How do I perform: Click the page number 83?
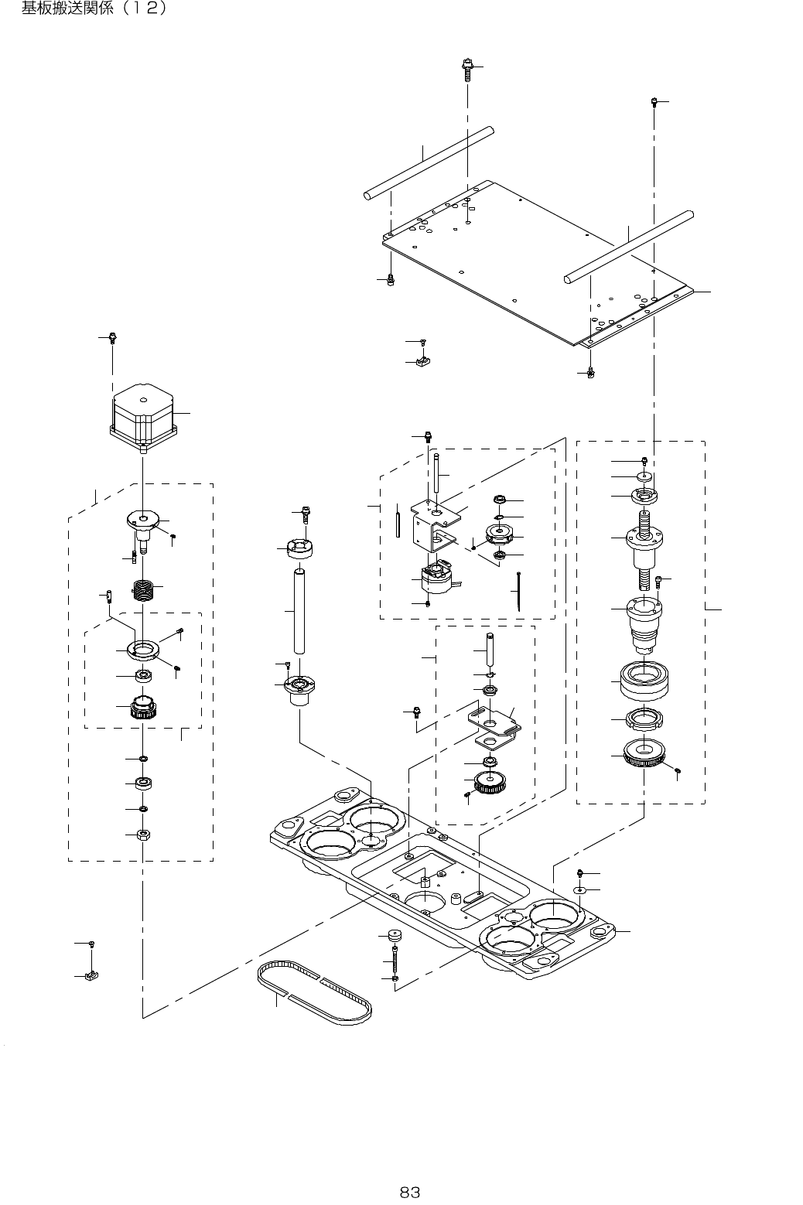(409, 1192)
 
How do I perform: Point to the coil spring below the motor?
(145, 592)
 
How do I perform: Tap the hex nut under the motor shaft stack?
(143, 835)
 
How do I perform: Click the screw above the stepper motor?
(113, 338)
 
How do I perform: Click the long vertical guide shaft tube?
(299, 610)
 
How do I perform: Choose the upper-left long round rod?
(429, 162)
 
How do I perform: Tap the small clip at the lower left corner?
(94, 976)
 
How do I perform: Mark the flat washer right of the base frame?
(580, 890)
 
